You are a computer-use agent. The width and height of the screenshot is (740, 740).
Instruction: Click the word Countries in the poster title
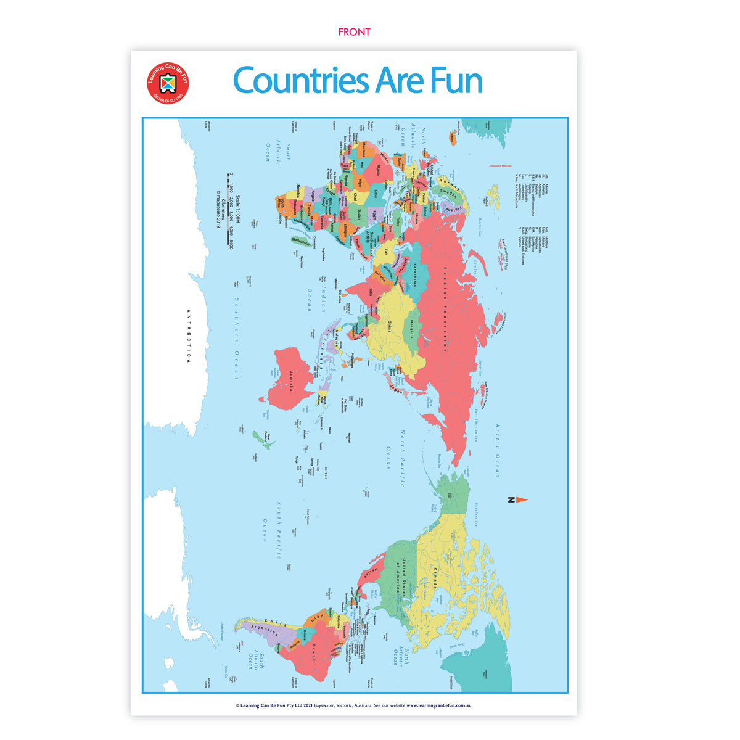[x=300, y=81]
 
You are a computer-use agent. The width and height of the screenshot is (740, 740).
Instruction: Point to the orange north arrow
[x=520, y=499]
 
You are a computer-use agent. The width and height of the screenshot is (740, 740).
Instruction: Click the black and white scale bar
[x=228, y=210]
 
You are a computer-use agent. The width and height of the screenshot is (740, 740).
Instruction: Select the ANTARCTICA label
[x=189, y=336]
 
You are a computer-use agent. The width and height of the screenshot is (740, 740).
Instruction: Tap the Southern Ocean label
[x=236, y=339]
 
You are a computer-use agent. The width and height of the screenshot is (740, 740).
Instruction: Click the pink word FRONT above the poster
[x=354, y=31]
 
